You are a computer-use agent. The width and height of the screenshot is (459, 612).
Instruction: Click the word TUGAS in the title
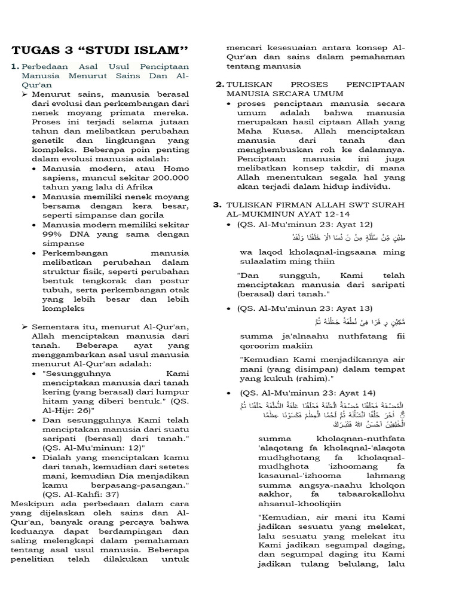pyautogui.click(x=33, y=49)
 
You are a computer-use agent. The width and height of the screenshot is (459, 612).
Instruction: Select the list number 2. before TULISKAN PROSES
pyautogui.click(x=220, y=84)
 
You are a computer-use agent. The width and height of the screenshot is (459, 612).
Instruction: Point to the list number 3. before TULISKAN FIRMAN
pyautogui.click(x=218, y=205)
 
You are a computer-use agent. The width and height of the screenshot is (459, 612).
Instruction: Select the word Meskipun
pyautogui.click(x=31, y=504)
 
